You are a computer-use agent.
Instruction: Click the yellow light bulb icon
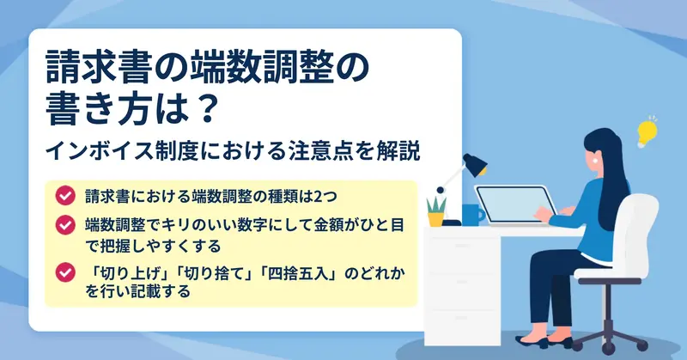tap(647, 132)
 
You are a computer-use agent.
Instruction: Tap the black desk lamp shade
tap(476, 164)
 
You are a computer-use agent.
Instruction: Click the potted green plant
tap(436, 211)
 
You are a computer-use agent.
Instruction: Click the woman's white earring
tap(595, 161)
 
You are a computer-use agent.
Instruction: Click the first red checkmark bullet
tap(65, 196)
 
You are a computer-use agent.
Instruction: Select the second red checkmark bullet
tap(65, 224)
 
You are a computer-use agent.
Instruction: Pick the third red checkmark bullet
tap(65, 272)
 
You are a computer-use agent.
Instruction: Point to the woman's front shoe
tap(532, 341)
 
